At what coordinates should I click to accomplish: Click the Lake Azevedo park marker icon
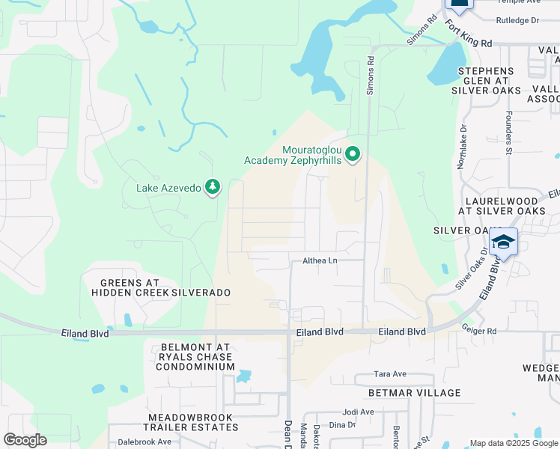pos(213,186)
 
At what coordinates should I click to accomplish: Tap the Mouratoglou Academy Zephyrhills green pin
pos(353,155)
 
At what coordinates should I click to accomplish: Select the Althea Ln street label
pos(320,260)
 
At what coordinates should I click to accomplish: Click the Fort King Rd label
pos(468,33)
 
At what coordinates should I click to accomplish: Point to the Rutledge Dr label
pos(518,21)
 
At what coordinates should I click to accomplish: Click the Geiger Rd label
pos(479,330)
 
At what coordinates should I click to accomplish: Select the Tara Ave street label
pos(390,374)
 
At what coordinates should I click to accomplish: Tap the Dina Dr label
pos(341,424)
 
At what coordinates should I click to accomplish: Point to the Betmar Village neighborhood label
pos(414,393)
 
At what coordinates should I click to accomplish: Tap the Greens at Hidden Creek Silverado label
pos(160,287)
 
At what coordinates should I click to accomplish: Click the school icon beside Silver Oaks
pos(504,242)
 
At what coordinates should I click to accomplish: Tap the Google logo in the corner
pos(25,440)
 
